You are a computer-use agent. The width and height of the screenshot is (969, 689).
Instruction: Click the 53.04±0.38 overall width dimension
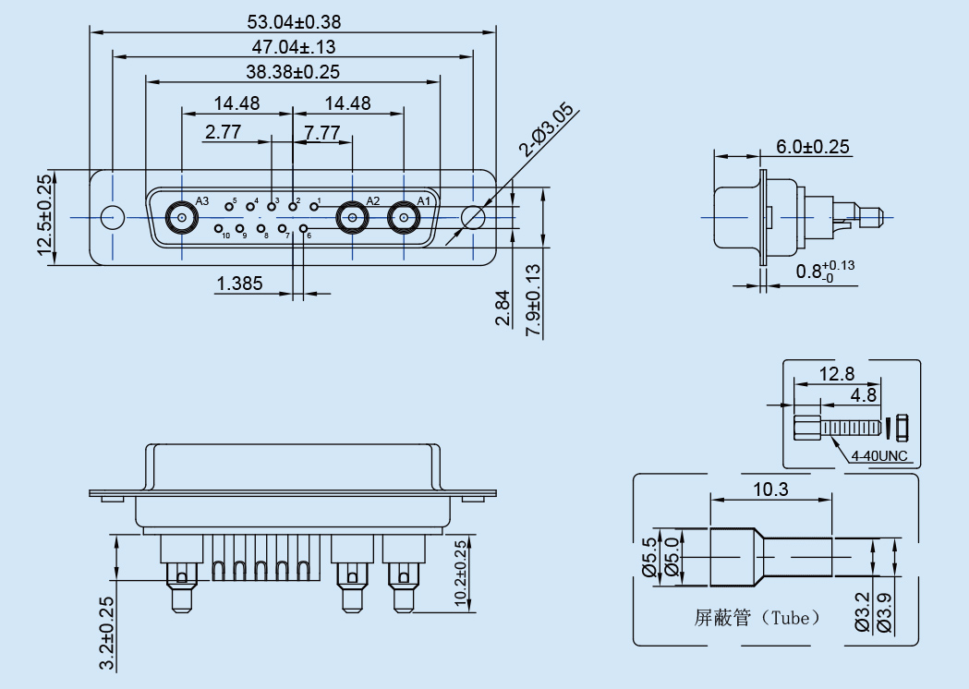[x=294, y=22]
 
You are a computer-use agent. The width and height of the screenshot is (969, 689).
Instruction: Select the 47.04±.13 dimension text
[x=294, y=47]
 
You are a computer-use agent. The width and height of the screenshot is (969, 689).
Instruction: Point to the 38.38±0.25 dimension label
[x=294, y=72]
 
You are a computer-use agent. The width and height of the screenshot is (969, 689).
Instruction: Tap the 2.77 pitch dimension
[x=224, y=131]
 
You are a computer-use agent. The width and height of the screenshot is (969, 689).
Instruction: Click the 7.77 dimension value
[x=321, y=131]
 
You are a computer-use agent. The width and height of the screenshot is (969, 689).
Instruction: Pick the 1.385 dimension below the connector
[x=239, y=284]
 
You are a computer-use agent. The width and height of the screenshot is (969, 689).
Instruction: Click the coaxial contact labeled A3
[x=180, y=219]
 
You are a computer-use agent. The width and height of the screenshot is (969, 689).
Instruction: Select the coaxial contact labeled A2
[x=352, y=219]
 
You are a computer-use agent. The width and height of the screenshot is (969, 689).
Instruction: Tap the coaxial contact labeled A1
[x=403, y=219]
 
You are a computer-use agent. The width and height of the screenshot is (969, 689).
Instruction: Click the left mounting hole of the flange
[x=112, y=218]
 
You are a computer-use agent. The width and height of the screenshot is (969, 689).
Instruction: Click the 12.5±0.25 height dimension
[x=44, y=218]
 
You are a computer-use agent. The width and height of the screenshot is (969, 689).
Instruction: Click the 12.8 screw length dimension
[x=837, y=374]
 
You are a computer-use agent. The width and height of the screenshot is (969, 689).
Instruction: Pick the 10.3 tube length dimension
[x=770, y=489]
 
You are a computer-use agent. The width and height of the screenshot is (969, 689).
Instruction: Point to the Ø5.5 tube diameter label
[x=648, y=557]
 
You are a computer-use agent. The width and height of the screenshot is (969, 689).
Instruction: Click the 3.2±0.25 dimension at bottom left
[x=106, y=633]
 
